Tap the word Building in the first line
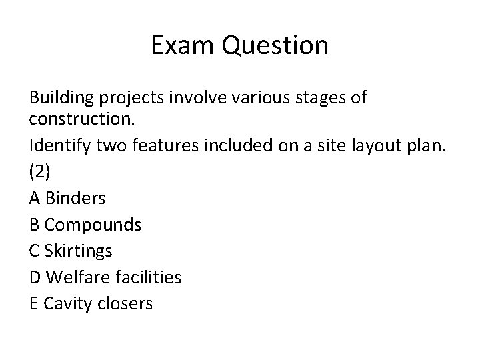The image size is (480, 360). (62, 99)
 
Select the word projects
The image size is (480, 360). (134, 99)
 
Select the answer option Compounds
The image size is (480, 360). (93, 225)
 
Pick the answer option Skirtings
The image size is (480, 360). (79, 251)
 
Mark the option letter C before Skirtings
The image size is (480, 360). (34, 251)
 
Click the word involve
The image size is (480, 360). (198, 99)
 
